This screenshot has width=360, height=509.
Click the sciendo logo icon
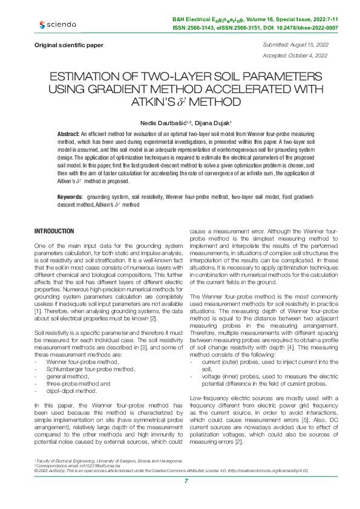click(x=42, y=25)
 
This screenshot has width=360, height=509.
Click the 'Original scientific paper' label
click(x=69, y=45)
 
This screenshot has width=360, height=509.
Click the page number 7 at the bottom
click(x=186, y=481)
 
